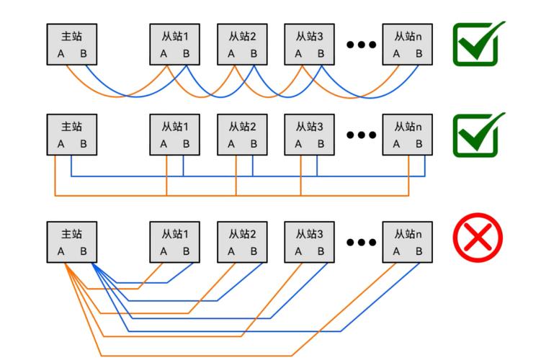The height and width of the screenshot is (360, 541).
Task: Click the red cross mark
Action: [x=477, y=241]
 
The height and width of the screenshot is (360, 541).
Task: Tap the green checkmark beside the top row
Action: [x=476, y=45]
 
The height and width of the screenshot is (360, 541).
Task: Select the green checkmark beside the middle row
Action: [x=476, y=135]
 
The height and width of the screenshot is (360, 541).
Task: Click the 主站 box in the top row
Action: [x=72, y=44]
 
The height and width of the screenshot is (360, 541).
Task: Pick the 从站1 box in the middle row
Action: [x=175, y=135]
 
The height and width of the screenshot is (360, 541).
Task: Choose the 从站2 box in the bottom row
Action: [x=243, y=242]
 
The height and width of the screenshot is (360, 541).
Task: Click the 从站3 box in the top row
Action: [x=310, y=44]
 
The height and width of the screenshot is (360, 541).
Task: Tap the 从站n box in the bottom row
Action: [x=408, y=242]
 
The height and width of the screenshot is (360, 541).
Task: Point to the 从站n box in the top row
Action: [x=408, y=44]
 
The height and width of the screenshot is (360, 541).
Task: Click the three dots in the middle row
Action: [x=362, y=135]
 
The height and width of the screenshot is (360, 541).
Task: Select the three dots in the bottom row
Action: [x=362, y=243]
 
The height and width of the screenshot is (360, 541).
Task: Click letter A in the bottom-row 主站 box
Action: [x=61, y=251]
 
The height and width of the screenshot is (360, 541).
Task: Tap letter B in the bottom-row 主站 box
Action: [x=84, y=251]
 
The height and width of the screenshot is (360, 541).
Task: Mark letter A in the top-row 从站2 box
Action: [x=231, y=53]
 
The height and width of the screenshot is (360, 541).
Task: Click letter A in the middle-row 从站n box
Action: [x=396, y=143]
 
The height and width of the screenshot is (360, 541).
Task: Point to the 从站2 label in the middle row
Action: [x=243, y=126]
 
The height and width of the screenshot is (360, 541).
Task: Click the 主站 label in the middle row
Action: [x=72, y=126]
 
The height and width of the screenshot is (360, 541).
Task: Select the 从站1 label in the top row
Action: [x=175, y=35]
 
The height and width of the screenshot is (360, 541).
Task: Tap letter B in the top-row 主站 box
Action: [x=84, y=53]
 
